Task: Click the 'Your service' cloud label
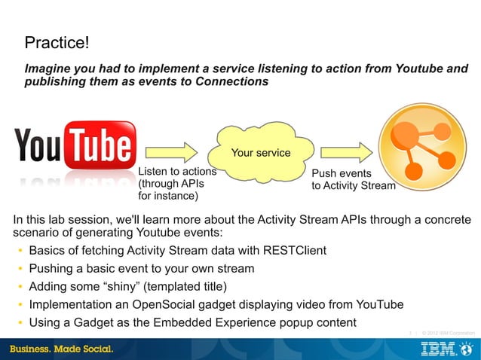(x=260, y=153)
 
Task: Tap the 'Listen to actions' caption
(x=177, y=172)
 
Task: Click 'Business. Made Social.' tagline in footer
(x=61, y=349)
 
